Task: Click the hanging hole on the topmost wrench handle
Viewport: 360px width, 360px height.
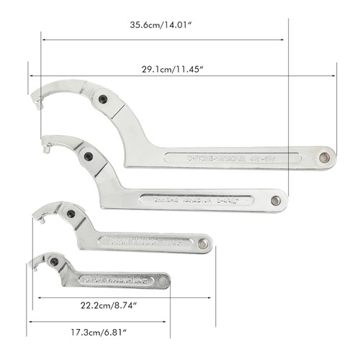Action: (x=325, y=157)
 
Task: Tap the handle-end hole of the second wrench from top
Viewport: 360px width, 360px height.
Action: (x=276, y=201)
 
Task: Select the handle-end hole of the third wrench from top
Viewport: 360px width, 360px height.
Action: (x=203, y=245)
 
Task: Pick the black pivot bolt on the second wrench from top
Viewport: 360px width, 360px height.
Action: (x=88, y=156)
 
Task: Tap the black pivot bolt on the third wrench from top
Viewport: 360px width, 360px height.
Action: (x=71, y=214)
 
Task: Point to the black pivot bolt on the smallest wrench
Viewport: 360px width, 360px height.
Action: (x=54, y=261)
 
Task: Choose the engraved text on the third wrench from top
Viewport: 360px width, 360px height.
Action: (x=144, y=242)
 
